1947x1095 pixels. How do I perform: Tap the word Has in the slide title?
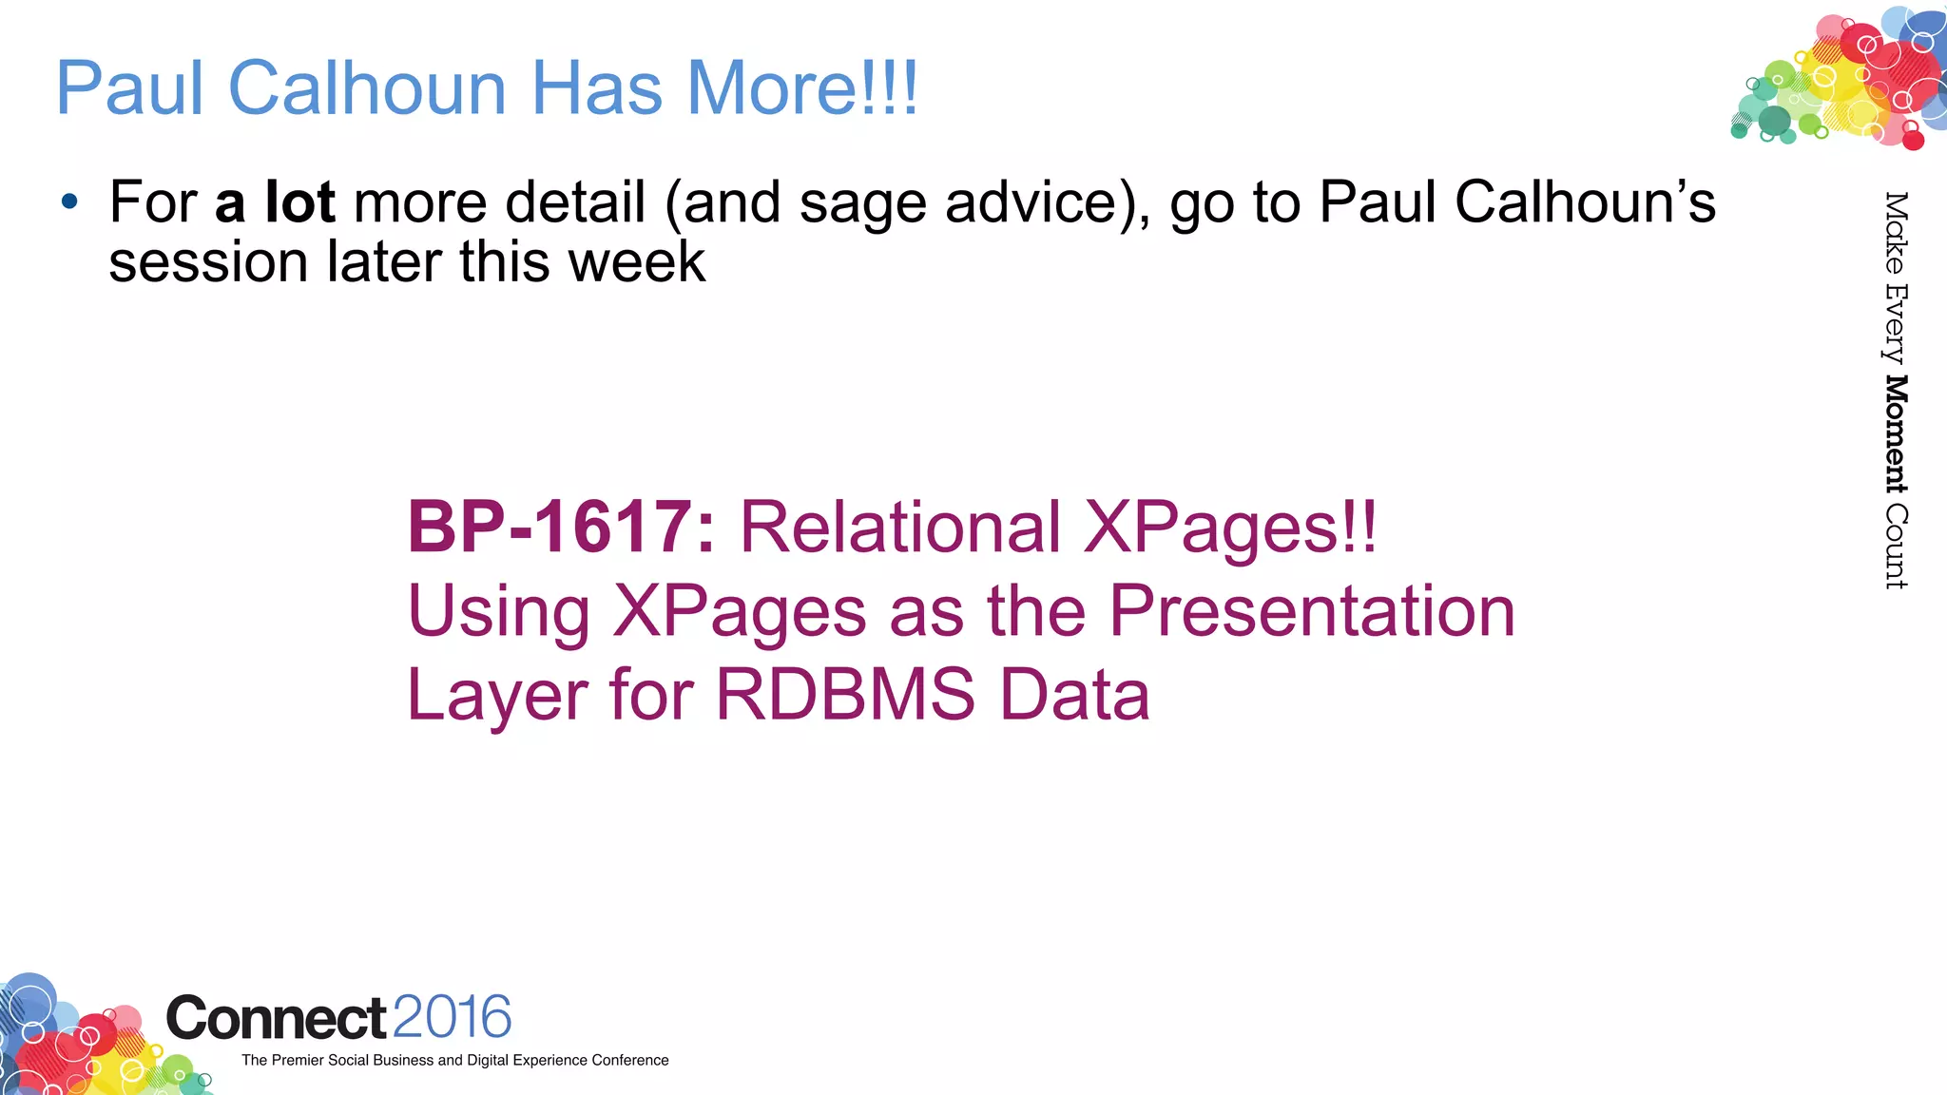pos(596,88)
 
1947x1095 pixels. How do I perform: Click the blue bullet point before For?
pos(68,202)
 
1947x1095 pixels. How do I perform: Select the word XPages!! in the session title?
pos(1230,528)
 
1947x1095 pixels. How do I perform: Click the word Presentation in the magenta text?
pos(1312,611)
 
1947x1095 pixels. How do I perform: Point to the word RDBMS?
pos(845,694)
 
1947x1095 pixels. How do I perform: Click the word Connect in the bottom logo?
pos(277,1018)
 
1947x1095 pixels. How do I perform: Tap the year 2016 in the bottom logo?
pos(452,1017)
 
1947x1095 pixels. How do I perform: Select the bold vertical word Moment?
pos(1896,434)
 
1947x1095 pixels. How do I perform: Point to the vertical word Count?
pos(1896,547)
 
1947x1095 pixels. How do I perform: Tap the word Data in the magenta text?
pos(1074,694)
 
